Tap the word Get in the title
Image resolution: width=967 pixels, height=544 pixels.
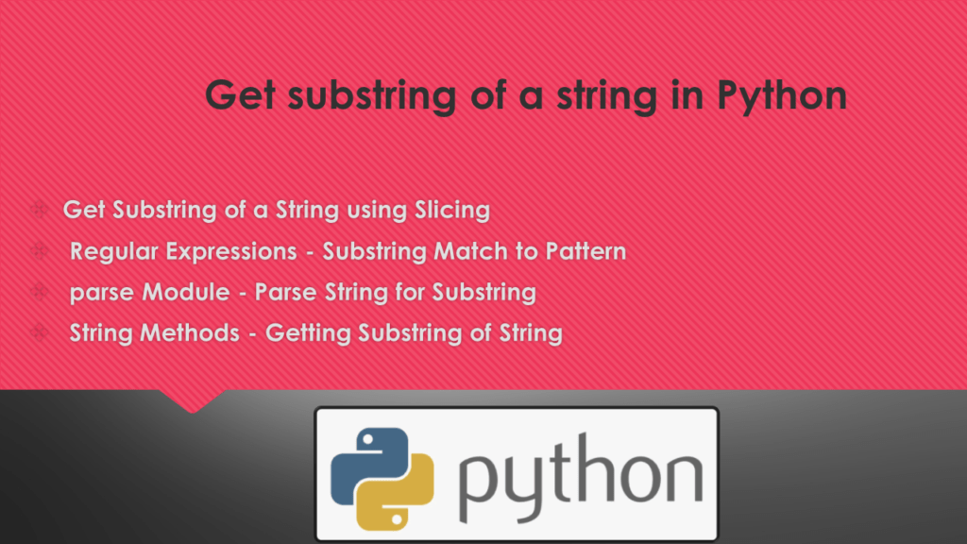coord(238,96)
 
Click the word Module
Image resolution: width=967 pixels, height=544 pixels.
coord(185,293)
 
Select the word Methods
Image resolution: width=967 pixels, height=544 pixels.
coord(195,333)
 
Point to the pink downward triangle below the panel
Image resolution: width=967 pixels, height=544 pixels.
coord(194,400)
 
